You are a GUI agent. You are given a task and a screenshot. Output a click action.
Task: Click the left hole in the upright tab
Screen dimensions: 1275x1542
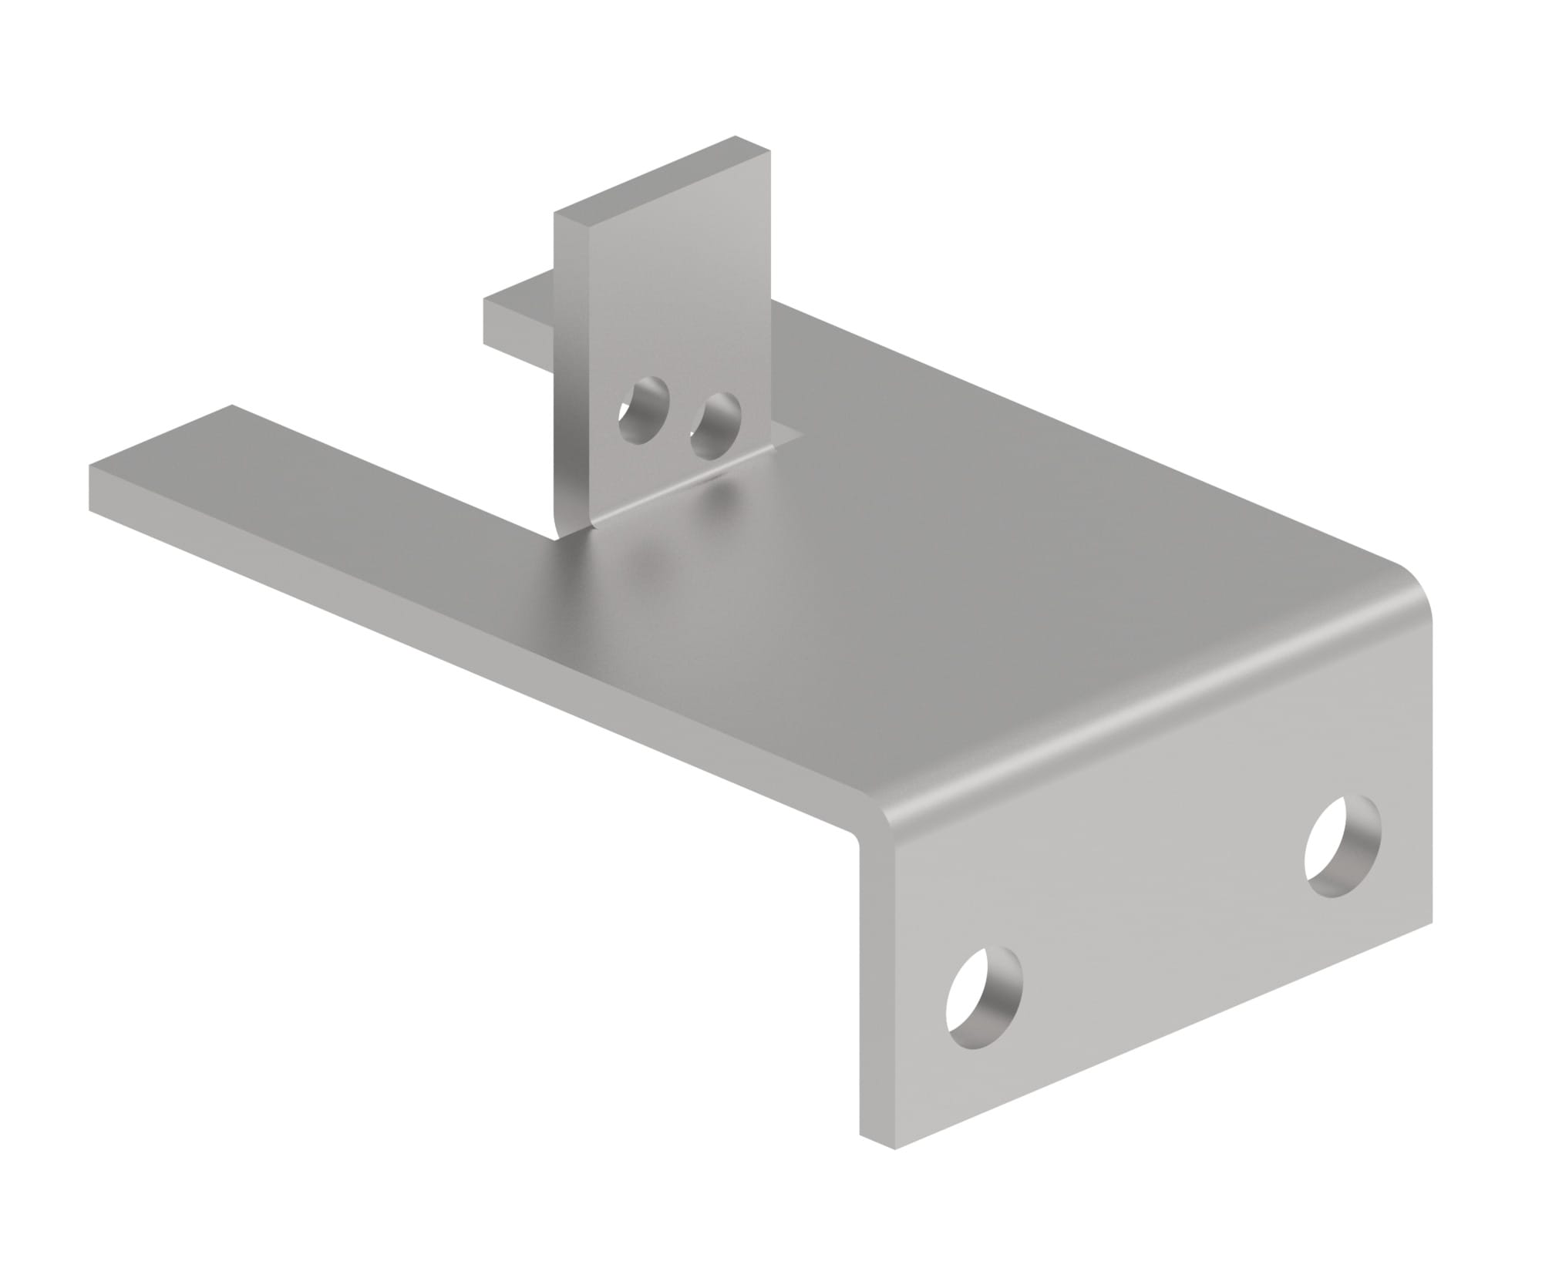point(643,411)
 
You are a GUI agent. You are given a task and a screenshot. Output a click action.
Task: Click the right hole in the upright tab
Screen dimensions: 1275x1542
point(715,424)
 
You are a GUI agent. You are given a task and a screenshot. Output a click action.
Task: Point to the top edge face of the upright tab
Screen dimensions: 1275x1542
point(663,177)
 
